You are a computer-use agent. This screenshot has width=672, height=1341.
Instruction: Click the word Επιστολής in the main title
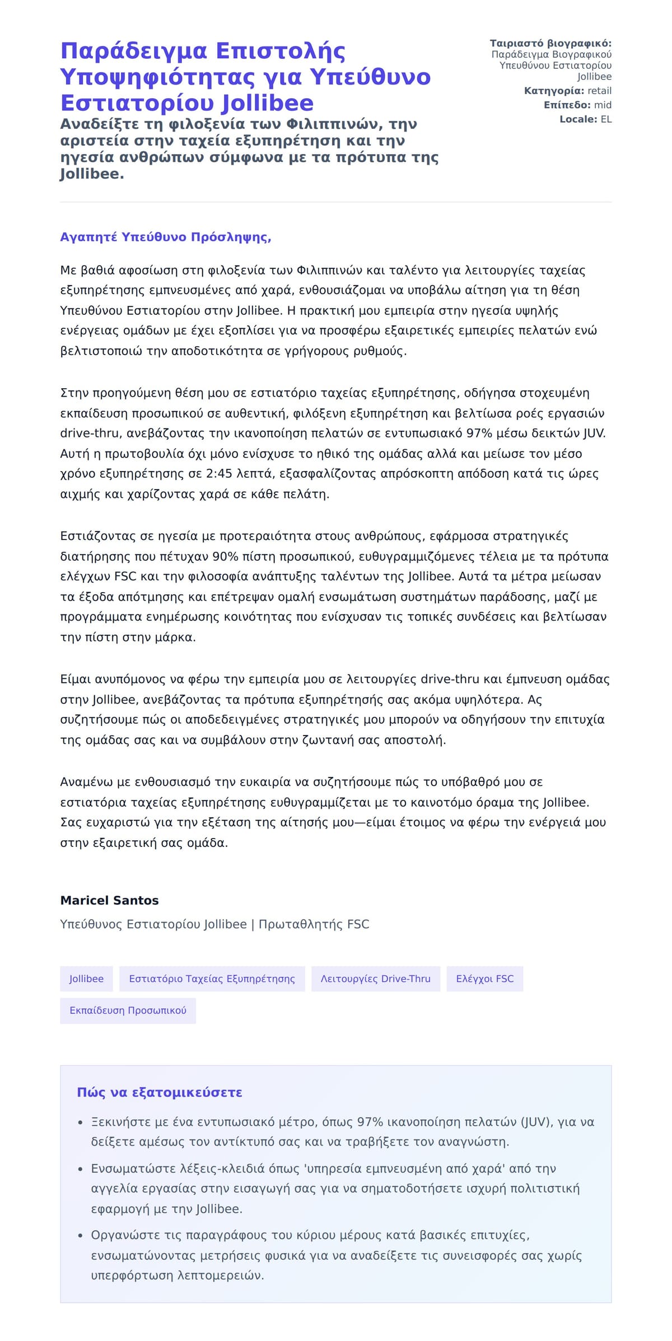[x=280, y=51]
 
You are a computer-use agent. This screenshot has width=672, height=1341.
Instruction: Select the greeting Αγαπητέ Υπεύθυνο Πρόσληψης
[x=166, y=237]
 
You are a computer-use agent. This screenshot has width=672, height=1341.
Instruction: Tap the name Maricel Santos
[x=109, y=900]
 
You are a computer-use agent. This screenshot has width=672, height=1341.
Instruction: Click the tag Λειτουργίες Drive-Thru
[x=375, y=979]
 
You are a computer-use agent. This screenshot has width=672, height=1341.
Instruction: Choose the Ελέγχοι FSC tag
[x=484, y=979]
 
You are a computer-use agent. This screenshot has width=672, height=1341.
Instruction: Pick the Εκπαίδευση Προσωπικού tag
[x=128, y=1011]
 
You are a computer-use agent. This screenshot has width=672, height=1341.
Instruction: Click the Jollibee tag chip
[x=86, y=979]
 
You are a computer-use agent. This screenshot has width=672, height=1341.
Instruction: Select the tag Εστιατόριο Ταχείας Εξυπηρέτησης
[x=212, y=979]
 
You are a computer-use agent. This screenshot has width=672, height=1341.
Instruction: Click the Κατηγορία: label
[x=554, y=91]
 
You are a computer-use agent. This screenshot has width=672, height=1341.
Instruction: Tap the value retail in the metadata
[x=599, y=91]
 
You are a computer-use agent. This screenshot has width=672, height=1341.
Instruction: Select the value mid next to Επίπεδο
[x=603, y=105]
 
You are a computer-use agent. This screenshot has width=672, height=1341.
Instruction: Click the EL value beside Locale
[x=606, y=119]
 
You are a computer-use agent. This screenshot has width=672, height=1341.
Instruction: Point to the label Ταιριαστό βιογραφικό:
[x=550, y=43]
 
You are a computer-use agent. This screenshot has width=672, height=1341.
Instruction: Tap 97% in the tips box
[x=370, y=1122]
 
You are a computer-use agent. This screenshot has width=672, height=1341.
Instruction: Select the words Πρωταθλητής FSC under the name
[x=314, y=924]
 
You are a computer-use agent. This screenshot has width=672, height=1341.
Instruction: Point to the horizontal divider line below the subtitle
[x=336, y=202]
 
